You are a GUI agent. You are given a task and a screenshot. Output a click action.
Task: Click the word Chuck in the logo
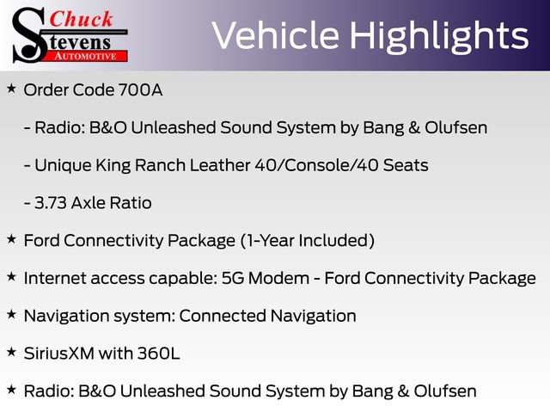[81, 19]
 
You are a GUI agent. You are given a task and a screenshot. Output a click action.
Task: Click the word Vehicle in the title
[276, 35]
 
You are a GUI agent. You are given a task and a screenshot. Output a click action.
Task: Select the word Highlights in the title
[439, 36]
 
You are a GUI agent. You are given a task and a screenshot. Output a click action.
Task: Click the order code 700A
[140, 89]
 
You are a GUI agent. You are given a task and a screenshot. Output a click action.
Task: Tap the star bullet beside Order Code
[11, 89]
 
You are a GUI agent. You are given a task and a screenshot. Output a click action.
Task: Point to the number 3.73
[51, 203]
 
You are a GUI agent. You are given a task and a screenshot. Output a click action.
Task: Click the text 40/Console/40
[316, 165]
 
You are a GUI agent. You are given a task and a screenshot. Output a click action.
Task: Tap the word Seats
[406, 165]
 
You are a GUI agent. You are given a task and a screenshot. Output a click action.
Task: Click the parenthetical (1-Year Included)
[308, 241]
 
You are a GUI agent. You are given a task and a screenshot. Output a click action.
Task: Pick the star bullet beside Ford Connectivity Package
[11, 239]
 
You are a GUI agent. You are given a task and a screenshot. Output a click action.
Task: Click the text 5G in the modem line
[233, 278]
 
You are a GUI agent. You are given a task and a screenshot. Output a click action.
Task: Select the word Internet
[55, 278]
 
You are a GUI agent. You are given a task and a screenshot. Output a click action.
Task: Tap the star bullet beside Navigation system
[11, 314]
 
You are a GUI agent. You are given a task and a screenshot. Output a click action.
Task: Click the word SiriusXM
[59, 354]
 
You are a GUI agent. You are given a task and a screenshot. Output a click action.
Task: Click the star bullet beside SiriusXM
[11, 352]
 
